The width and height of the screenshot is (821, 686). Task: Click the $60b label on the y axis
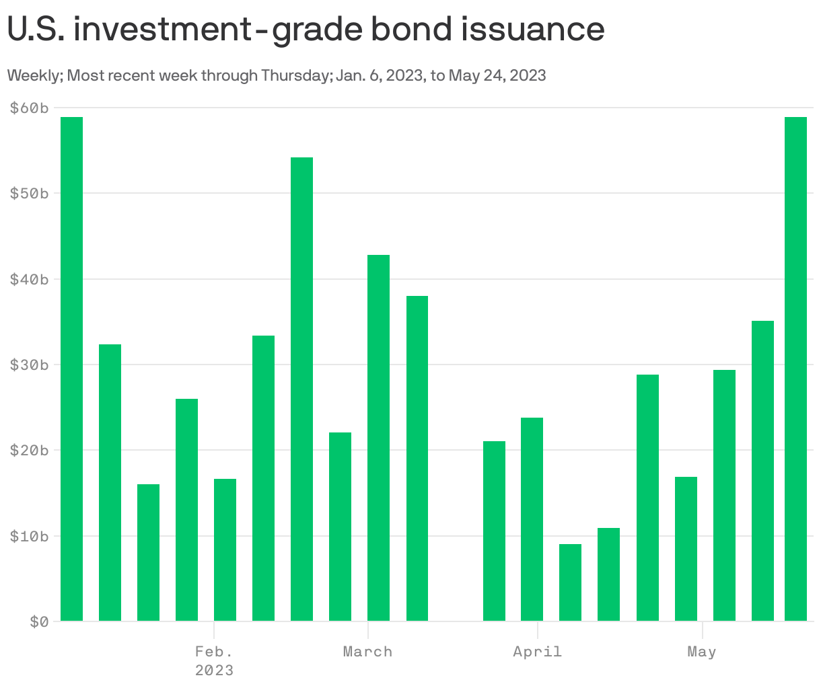click(30, 108)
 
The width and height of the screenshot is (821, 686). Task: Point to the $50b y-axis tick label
click(30, 194)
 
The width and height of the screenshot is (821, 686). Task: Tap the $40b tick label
click(30, 279)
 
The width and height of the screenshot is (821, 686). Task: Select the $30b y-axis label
click(30, 365)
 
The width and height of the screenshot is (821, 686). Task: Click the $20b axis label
click(30, 450)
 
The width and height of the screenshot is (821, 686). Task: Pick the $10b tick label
click(30, 536)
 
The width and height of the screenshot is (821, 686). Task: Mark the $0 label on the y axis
click(39, 622)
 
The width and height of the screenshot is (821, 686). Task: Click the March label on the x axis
click(367, 652)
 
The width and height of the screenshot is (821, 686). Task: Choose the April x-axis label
click(537, 652)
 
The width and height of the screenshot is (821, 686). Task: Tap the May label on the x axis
click(702, 652)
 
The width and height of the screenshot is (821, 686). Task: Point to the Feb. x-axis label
click(214, 652)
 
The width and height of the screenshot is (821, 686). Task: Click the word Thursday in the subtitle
click(295, 75)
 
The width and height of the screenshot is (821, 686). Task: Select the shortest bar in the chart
click(570, 582)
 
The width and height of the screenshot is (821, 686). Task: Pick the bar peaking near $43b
click(378, 438)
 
